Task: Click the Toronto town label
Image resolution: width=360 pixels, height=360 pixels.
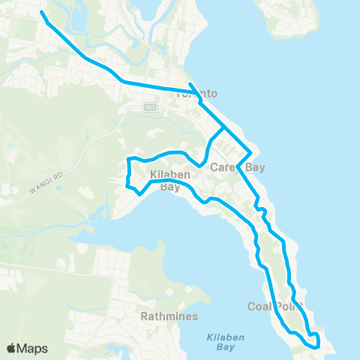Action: tap(196, 94)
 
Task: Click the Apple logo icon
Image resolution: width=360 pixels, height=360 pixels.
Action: tap(12, 348)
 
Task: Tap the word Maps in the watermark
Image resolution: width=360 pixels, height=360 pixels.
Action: tap(32, 348)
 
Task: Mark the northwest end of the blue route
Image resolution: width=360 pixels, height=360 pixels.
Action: tap(40, 13)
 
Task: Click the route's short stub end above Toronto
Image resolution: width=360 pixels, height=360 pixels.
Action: tap(190, 84)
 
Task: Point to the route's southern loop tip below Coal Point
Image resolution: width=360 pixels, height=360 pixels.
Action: tap(317, 346)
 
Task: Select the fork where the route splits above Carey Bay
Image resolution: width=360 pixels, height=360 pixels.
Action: tap(223, 129)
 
